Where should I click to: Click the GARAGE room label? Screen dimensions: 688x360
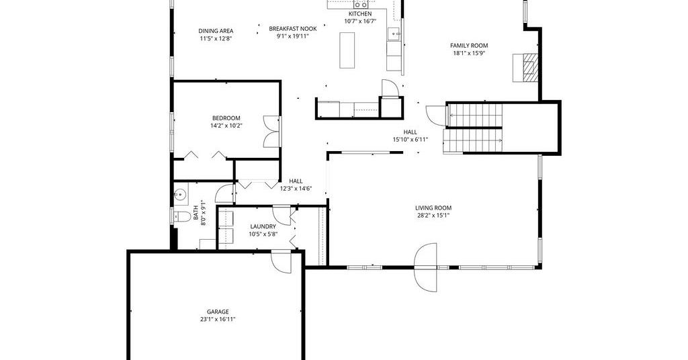(x=218, y=312)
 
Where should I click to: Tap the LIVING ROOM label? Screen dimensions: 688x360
(x=433, y=208)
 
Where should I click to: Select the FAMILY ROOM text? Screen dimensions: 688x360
(x=469, y=45)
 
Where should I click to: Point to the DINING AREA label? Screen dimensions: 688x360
(x=216, y=31)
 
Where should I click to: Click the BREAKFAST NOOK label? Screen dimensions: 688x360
(x=293, y=28)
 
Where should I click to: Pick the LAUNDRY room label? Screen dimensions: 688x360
(x=263, y=226)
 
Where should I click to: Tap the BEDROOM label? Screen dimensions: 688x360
(x=226, y=118)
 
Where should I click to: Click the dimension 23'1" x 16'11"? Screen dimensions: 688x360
(x=218, y=319)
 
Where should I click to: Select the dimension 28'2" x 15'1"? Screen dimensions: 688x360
(x=433, y=216)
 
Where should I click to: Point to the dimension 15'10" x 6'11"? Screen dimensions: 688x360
(x=411, y=140)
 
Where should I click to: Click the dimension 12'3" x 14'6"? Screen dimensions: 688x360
(x=296, y=189)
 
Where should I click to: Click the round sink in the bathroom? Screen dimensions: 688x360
(x=180, y=194)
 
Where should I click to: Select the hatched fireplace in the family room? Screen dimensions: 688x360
(x=526, y=68)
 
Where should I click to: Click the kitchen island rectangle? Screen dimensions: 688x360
(x=347, y=50)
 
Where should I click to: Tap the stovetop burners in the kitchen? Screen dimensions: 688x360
(x=361, y=5)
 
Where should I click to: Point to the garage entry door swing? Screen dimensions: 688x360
(x=282, y=261)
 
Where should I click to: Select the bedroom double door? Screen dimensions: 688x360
(x=271, y=131)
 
